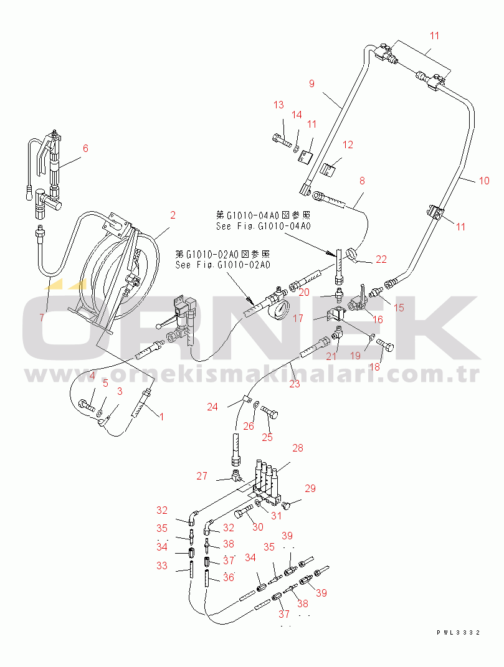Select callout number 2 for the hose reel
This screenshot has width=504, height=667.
173,215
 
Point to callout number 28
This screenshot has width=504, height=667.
298,448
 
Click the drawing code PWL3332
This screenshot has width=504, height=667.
459,632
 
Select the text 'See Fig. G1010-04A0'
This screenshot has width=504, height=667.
262,226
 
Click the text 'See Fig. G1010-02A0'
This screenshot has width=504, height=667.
222,265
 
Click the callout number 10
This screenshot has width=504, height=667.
484,181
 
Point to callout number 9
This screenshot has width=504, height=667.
311,83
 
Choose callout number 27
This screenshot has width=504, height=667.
202,476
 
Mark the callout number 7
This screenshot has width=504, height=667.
41,317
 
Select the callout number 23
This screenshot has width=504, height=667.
294,384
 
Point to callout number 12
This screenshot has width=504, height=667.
348,144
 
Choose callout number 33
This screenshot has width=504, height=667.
162,565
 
